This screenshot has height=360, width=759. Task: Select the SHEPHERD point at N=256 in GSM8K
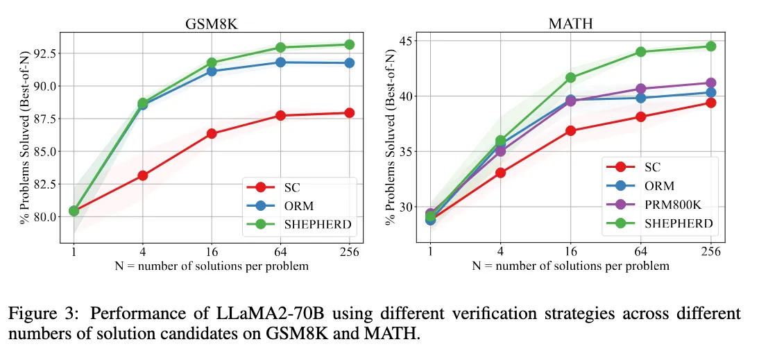click(349, 44)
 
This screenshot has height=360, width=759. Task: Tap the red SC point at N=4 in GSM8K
click(143, 175)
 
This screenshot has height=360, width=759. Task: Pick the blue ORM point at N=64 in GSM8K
click(280, 62)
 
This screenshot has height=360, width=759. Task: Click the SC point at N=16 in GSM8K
click(212, 133)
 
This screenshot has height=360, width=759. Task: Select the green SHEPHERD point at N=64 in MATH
click(640, 51)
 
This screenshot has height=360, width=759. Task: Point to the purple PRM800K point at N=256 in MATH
click(710, 83)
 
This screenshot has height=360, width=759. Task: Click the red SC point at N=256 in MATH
click(710, 103)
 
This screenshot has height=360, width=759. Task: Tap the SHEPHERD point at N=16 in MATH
click(570, 78)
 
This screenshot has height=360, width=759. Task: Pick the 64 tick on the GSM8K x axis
click(280, 251)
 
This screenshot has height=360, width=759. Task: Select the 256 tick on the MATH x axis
click(710, 251)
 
